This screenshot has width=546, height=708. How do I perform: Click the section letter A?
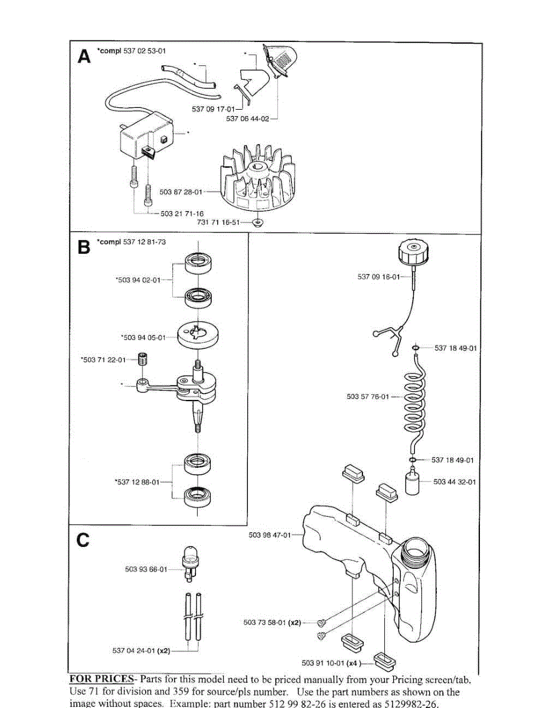[x=85, y=57]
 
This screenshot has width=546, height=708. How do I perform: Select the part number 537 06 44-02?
[x=247, y=119]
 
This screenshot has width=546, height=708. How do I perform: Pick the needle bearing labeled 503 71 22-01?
[x=142, y=358]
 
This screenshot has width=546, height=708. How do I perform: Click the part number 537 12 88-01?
[x=137, y=482]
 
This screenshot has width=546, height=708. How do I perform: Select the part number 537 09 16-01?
[x=378, y=277]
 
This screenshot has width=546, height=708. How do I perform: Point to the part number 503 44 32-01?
[x=455, y=482]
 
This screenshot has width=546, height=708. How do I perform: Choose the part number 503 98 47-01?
[x=271, y=535]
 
